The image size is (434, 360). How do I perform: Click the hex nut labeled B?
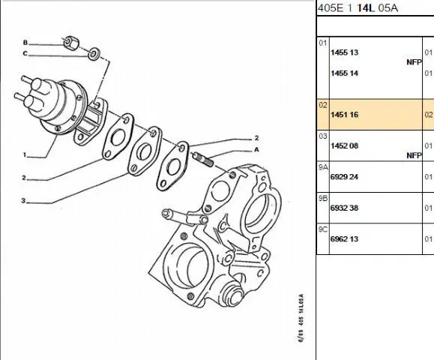pos(71,43)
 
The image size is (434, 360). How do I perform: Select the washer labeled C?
pos(94,54)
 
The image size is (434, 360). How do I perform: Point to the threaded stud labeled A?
pos(202,160)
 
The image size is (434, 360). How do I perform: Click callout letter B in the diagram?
pos(25,42)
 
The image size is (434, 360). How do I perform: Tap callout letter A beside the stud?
pos(256,149)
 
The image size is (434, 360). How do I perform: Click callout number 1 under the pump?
pos(25,154)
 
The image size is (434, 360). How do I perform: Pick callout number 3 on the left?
pos(23,200)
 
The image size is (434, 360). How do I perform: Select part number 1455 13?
pos(344,52)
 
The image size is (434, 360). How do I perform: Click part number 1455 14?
pos(344,73)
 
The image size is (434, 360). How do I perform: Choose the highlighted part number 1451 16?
pos(344,115)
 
